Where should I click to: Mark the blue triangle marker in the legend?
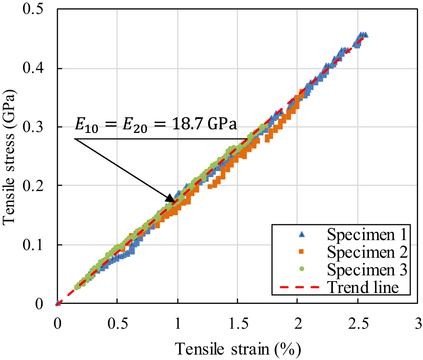pos(301,234)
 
